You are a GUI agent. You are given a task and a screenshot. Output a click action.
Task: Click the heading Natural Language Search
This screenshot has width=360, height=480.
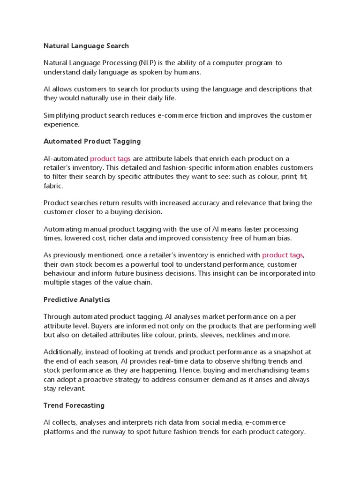point(86,46)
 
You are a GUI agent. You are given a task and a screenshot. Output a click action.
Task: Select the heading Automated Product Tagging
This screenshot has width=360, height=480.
point(92,141)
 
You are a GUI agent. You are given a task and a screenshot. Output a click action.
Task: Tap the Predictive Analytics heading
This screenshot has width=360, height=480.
point(76,299)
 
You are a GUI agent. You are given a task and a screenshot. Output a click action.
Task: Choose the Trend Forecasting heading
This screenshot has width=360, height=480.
point(74,405)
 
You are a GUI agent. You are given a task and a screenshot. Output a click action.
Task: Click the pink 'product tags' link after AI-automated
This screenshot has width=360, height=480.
point(110,159)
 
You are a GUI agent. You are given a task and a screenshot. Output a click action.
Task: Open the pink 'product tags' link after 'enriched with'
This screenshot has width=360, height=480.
point(283,255)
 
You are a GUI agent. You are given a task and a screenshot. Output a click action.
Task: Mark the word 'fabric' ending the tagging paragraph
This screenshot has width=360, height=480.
point(52,186)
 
